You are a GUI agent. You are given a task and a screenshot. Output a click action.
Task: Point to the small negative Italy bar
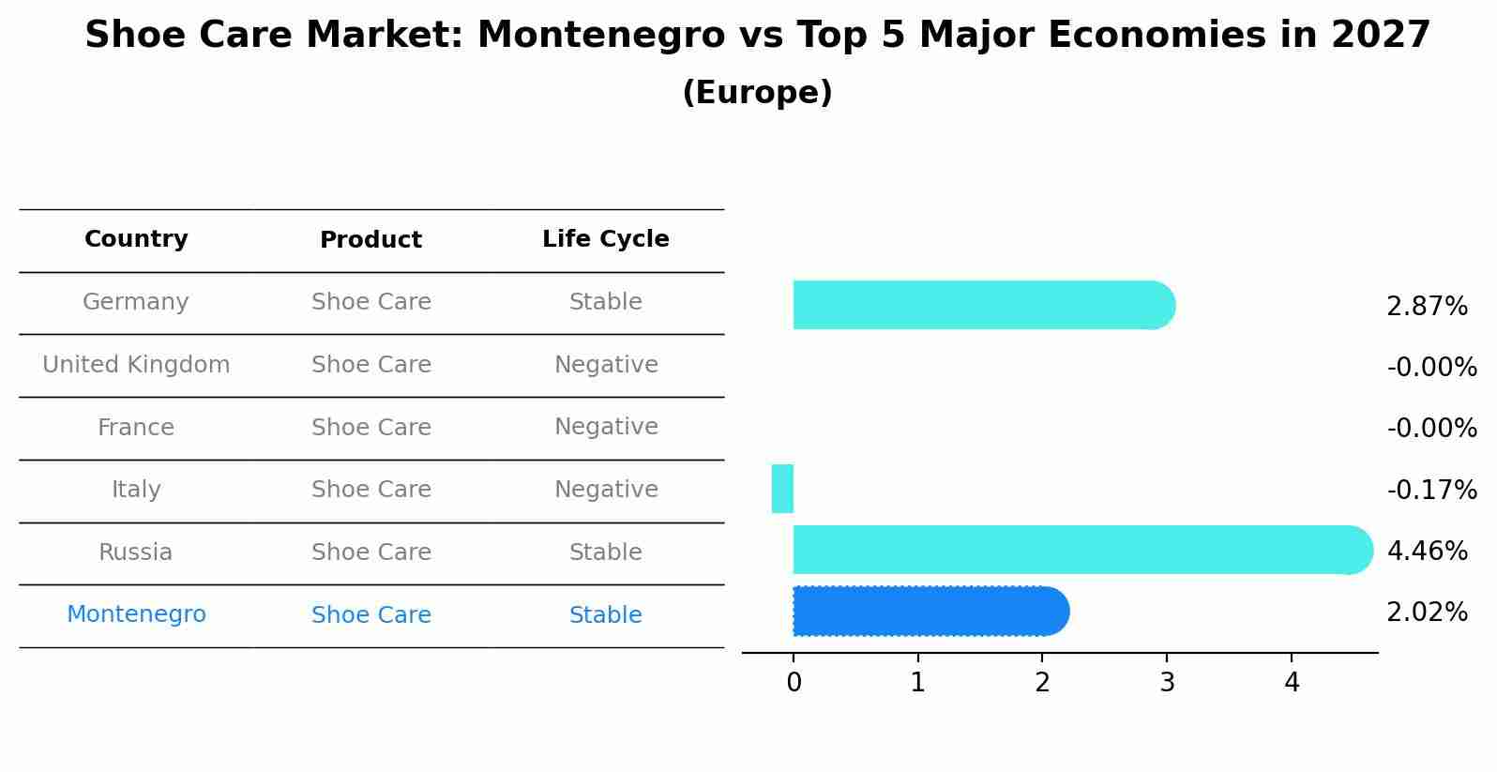(782, 489)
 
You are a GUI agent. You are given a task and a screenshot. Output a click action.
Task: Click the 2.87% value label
(1426, 307)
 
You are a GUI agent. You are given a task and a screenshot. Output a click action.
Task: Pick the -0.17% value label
(1431, 490)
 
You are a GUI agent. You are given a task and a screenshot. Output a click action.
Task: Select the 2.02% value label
(1426, 613)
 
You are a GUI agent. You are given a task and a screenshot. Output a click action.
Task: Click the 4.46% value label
(1426, 551)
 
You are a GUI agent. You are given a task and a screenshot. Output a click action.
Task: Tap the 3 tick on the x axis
(1167, 683)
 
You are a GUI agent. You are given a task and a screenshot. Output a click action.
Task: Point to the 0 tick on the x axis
(794, 683)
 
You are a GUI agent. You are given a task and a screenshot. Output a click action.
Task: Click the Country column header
(136, 239)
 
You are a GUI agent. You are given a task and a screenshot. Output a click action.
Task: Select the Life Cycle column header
(605, 239)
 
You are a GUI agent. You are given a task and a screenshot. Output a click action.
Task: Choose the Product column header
(370, 240)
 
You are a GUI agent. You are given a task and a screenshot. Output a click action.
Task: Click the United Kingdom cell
(136, 365)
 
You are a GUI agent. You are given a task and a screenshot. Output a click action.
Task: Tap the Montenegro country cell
(136, 614)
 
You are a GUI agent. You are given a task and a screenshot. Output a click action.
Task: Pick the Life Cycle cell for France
(605, 427)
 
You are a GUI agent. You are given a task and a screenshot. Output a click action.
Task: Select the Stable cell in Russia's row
(605, 553)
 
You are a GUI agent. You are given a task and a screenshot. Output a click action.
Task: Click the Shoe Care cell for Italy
(370, 490)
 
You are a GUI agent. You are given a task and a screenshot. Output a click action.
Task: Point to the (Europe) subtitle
(757, 93)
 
